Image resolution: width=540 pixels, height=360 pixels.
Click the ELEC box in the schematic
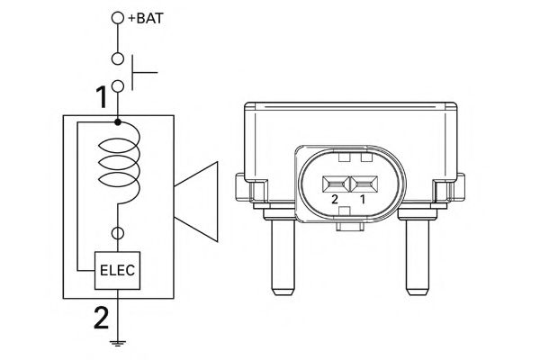[118, 267]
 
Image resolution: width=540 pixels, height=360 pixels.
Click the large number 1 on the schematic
[103, 95]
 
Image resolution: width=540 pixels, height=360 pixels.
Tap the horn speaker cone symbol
[198, 202]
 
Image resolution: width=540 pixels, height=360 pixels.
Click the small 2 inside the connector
[335, 198]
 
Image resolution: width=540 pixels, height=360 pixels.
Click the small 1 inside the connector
[364, 198]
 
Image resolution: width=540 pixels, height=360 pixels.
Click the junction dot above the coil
[118, 121]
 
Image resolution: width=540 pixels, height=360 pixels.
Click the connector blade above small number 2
[336, 182]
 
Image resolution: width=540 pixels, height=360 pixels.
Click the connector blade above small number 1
[364, 182]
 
